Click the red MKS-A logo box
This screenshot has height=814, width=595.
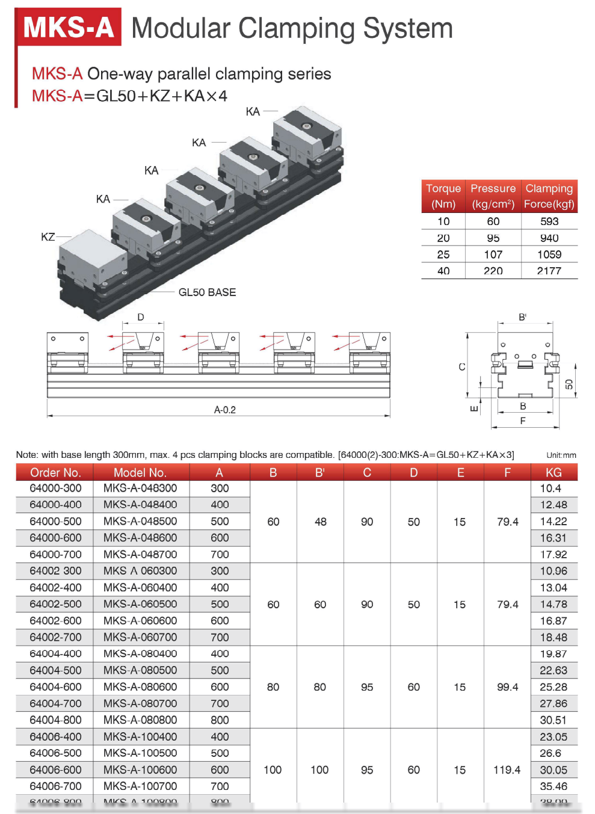[68, 27]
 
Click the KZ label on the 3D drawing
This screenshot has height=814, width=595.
[48, 237]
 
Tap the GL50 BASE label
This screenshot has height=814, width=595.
[207, 292]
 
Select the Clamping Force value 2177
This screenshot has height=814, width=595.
[549, 271]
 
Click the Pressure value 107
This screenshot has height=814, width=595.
[493, 254]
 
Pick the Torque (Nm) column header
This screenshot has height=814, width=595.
[443, 196]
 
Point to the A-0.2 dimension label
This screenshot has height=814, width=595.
[225, 410]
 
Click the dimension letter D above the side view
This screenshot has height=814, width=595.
[141, 317]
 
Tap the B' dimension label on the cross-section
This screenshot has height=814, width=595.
[522, 317]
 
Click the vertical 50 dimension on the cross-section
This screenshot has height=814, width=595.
[569, 384]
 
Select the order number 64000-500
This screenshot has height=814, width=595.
[55, 521]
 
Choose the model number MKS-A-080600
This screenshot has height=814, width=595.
[140, 686]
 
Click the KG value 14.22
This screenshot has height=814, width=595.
[553, 521]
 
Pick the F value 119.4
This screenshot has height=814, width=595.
[507, 769]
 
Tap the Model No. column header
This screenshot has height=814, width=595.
[140, 472]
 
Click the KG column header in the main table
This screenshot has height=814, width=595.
[553, 472]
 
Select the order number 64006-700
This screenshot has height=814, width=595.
[55, 786]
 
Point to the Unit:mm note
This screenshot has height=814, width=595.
[561, 455]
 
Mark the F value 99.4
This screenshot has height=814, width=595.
[507, 686]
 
